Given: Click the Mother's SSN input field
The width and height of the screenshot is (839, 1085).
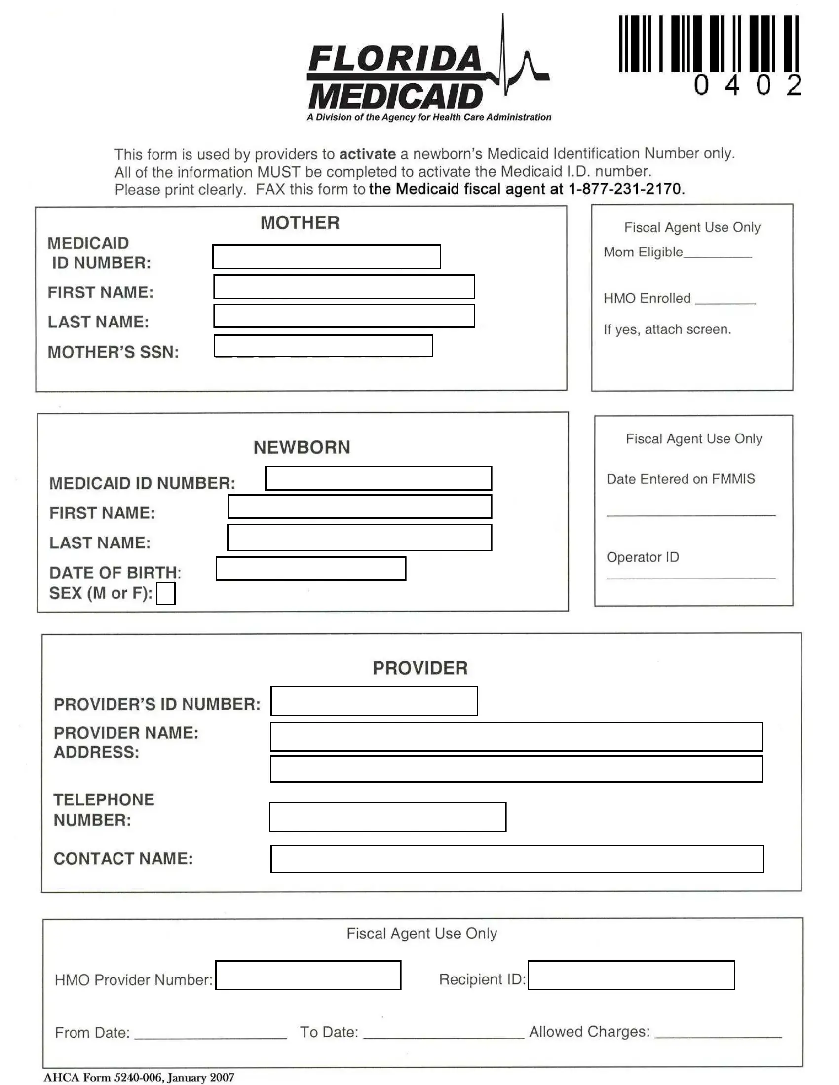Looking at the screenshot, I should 323,346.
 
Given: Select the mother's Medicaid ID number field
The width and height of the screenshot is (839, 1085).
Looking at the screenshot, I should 327,257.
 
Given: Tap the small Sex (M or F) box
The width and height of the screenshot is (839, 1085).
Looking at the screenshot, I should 165,593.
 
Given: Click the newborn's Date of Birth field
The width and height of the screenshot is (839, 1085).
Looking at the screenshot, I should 310,569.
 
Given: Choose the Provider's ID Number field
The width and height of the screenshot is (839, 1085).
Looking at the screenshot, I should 374,701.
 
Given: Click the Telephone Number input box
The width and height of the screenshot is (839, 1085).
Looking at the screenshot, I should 388,817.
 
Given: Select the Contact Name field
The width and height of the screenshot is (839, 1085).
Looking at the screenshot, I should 517,859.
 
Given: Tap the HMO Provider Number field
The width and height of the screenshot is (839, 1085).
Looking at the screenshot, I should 308,975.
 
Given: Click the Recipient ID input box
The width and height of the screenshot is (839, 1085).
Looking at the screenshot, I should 631,975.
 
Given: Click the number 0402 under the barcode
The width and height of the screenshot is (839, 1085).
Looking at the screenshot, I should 747,85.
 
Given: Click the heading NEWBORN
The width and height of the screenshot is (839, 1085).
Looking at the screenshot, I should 302,448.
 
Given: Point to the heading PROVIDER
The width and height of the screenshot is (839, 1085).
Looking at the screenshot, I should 420,668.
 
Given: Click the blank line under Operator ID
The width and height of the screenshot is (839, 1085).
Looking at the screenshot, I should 690,578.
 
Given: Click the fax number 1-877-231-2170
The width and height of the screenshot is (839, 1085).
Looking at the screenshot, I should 624,189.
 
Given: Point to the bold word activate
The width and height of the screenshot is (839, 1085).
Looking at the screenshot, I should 367,154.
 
